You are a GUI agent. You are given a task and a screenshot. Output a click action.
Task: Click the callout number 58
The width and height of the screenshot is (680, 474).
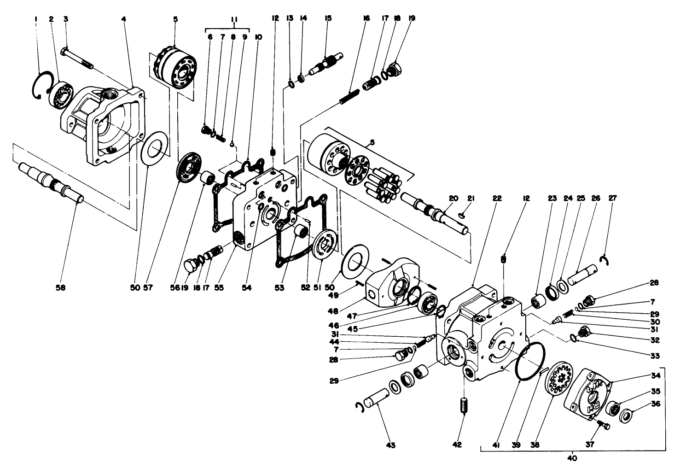[x=61, y=287]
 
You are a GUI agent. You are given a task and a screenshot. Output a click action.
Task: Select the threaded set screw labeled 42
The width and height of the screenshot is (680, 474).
[x=464, y=405]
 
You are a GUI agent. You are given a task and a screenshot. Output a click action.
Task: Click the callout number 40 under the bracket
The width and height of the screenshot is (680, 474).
[x=572, y=458]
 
